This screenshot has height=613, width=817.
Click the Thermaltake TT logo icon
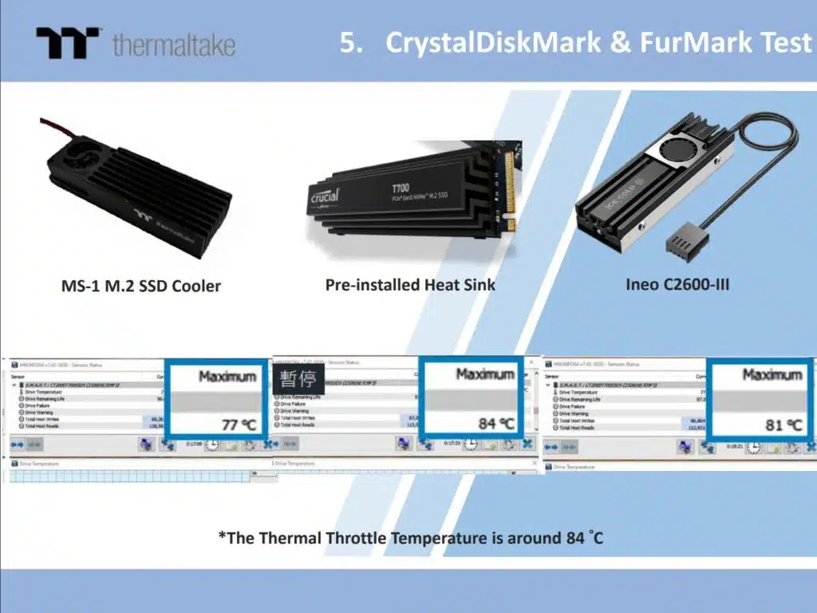click(68, 43)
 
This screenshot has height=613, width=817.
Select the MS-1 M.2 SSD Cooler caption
click(141, 286)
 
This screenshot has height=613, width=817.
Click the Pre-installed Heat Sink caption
click(410, 285)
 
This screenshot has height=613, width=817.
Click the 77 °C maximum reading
click(238, 425)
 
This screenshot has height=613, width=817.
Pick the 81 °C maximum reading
click(784, 425)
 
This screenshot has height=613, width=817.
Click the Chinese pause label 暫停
click(298, 378)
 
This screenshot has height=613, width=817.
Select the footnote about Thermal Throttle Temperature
click(411, 538)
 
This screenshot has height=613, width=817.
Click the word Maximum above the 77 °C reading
click(227, 376)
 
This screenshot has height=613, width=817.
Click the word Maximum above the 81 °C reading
click(772, 374)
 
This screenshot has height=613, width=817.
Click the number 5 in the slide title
click(348, 42)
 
